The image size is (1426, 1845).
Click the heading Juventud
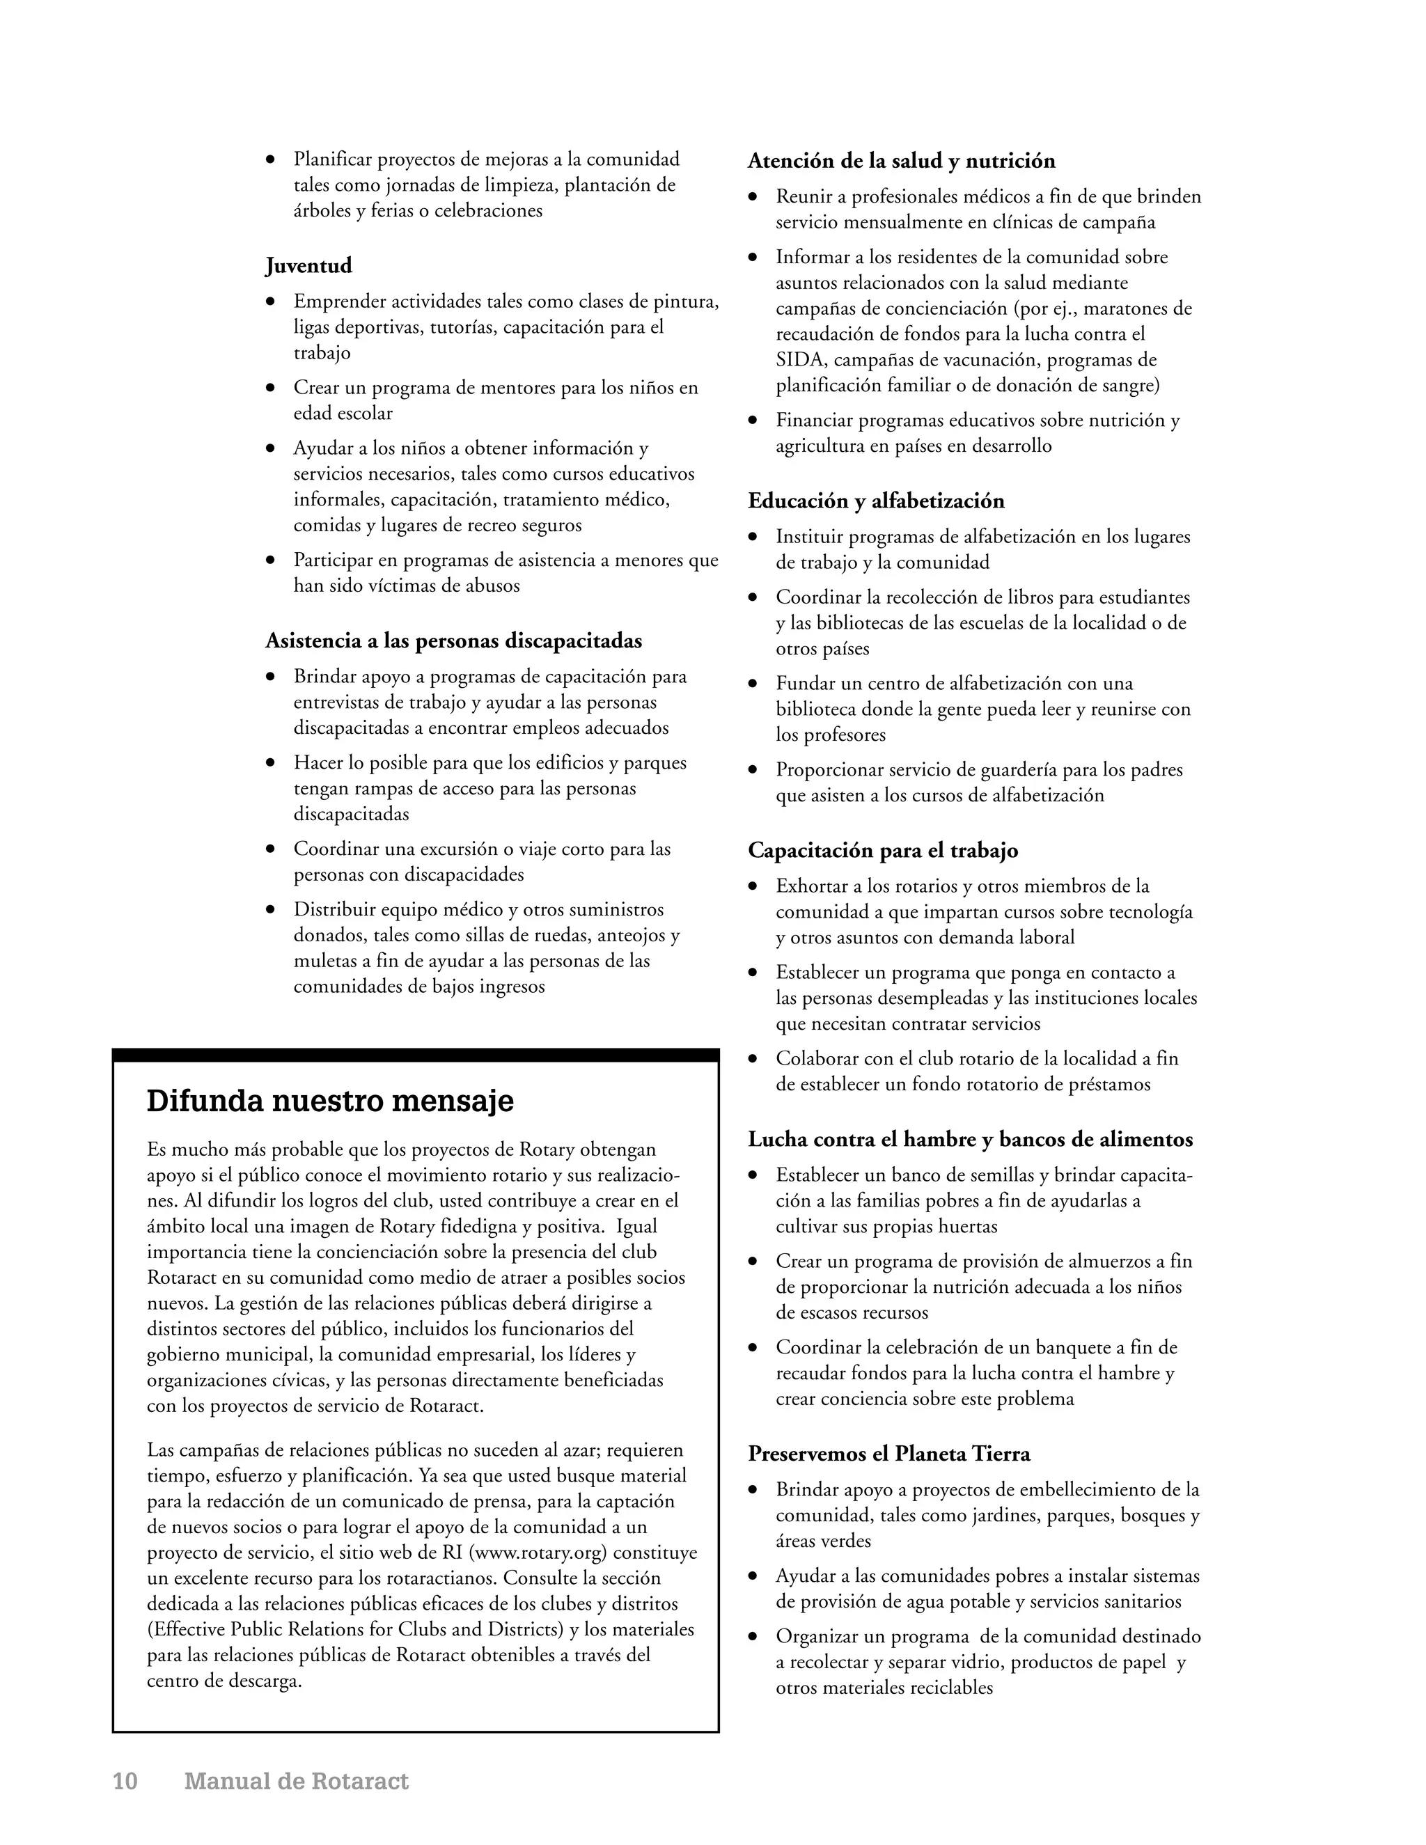(308, 266)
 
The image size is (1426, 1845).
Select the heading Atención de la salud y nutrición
(902, 162)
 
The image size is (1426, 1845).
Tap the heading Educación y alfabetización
(876, 501)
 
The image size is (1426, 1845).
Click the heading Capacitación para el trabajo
(883, 851)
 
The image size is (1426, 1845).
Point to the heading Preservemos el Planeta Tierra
(888, 1454)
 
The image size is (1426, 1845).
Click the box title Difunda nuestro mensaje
(330, 1101)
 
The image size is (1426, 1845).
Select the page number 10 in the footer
(125, 1781)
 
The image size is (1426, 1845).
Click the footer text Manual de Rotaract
(297, 1781)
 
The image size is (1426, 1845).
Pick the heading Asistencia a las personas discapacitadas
(454, 641)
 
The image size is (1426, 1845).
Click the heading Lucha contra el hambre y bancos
(970, 1140)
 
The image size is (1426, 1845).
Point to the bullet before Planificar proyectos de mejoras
(270, 159)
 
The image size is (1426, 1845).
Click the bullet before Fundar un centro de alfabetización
(753, 684)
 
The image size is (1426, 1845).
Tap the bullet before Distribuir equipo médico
(270, 910)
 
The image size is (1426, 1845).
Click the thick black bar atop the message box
(416, 1054)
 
